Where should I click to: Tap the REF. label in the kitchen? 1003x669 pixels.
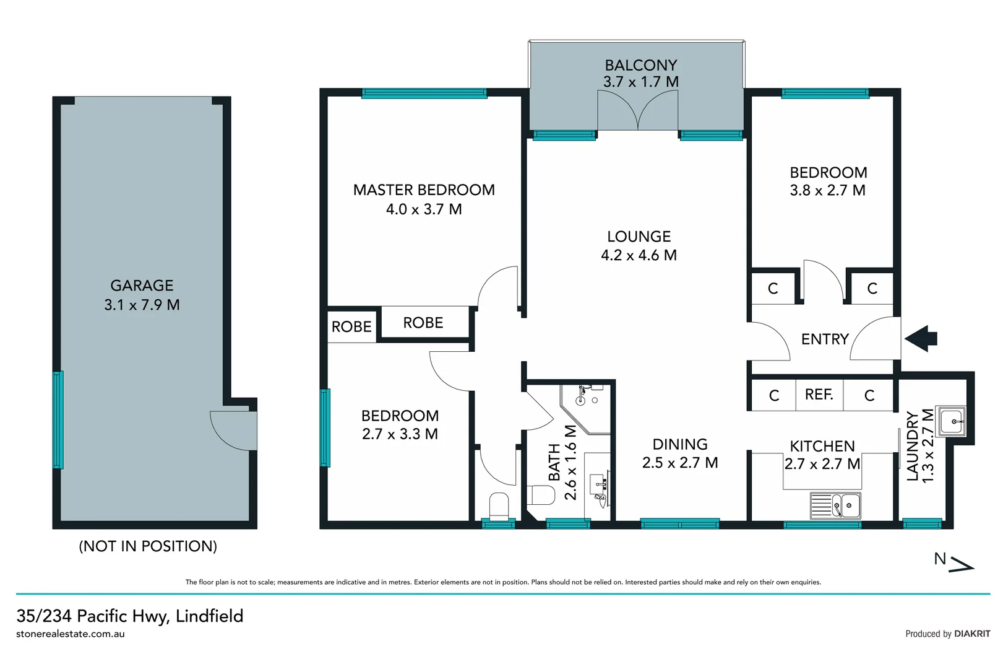click(819, 395)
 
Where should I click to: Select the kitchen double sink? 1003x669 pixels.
click(835, 505)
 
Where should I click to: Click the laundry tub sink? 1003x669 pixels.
click(951, 421)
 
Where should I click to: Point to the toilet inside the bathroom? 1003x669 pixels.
click(543, 495)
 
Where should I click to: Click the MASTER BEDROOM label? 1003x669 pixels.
click(424, 190)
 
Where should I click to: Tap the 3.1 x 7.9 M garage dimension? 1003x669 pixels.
click(142, 305)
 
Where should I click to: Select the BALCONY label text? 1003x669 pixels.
click(640, 65)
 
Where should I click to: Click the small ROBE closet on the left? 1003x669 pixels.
click(351, 326)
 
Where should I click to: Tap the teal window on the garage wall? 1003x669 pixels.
click(58, 419)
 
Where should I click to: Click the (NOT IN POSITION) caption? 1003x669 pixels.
click(148, 546)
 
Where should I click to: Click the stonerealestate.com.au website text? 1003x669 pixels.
click(71, 634)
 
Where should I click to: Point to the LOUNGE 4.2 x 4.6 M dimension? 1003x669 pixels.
click(639, 255)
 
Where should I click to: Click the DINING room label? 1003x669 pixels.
click(679, 444)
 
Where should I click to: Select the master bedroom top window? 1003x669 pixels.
click(424, 94)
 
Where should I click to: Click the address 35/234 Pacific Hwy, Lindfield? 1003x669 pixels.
click(130, 616)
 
